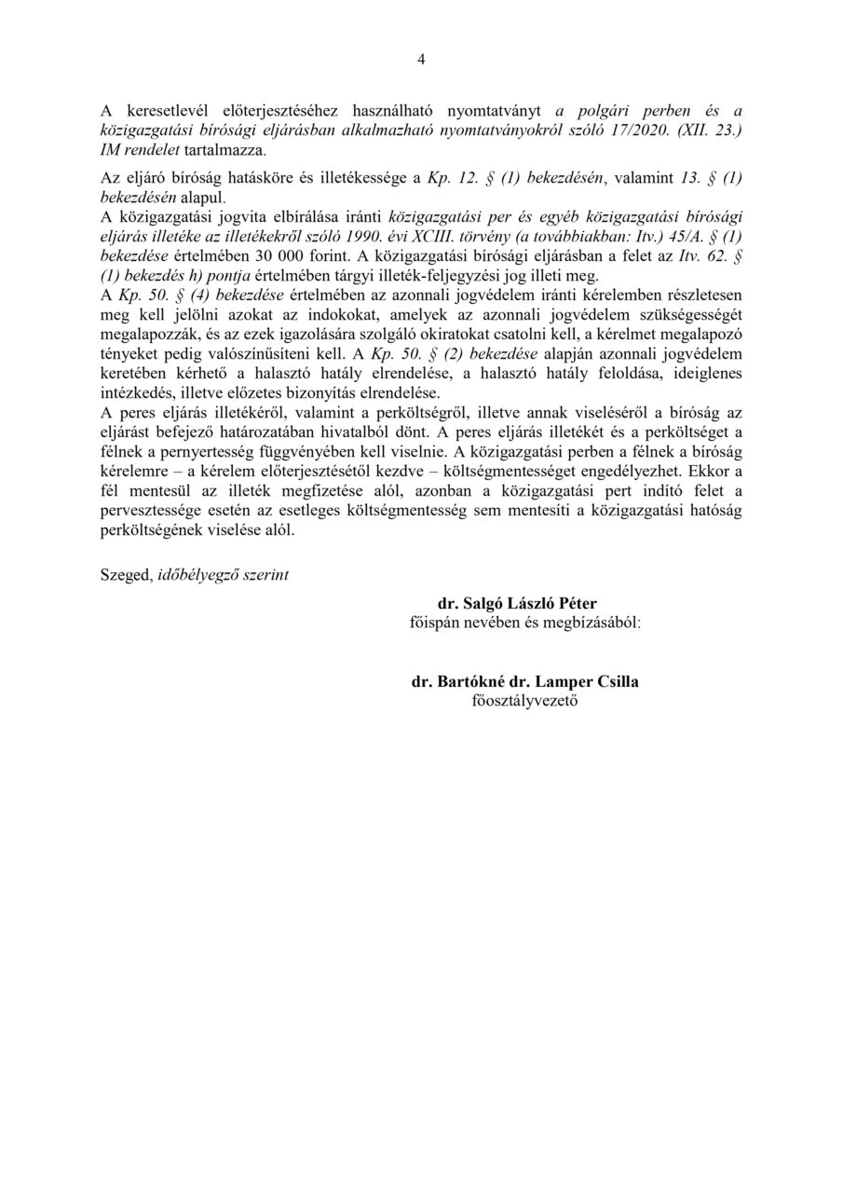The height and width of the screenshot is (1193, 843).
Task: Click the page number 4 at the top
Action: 421,60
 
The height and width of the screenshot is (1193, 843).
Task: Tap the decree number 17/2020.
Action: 626,130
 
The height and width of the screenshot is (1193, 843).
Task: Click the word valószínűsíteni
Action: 277,351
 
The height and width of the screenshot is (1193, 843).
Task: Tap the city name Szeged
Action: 123,575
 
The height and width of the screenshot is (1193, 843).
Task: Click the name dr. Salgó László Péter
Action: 524,603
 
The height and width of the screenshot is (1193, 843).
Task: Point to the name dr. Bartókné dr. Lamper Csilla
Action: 524,681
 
